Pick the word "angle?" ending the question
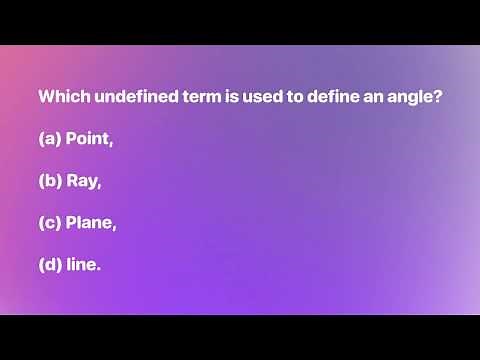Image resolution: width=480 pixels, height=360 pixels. pyautogui.click(x=418, y=99)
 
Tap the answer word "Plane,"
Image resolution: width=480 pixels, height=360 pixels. pyautogui.click(x=91, y=223)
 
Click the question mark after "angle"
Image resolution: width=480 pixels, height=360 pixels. pyautogui.click(x=439, y=98)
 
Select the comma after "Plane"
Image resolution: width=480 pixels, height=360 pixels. pyautogui.click(x=114, y=228)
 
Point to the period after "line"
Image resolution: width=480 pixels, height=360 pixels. pyautogui.click(x=100, y=269)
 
